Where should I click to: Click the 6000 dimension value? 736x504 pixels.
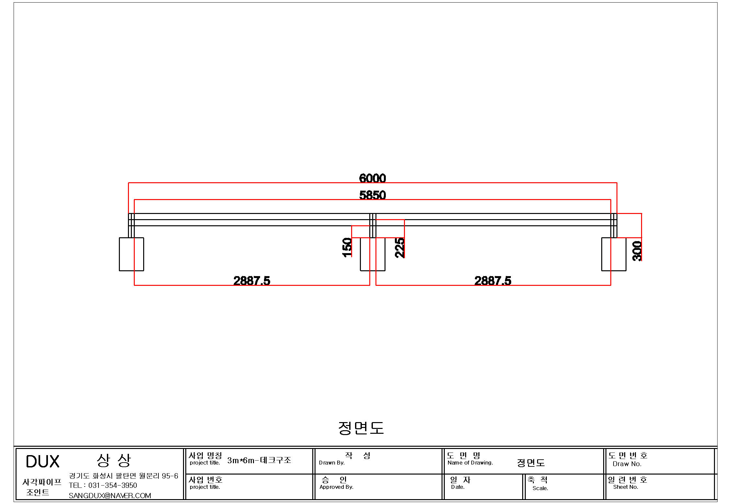coord(373,178)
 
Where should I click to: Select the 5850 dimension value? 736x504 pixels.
coord(373,195)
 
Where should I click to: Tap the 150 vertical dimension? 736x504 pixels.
coord(347,248)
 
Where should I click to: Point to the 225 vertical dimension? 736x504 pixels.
coord(400,248)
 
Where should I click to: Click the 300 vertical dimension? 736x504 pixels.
coord(637,251)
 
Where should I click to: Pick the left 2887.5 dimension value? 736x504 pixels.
coord(252,281)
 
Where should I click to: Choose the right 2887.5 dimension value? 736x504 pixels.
coord(493,281)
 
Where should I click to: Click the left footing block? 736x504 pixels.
coord(132,254)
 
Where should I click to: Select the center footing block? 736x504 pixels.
coord(373,254)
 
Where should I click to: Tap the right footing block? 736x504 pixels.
coord(614,254)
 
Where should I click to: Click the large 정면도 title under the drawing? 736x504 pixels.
coord(361,428)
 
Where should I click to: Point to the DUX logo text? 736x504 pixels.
coord(42,462)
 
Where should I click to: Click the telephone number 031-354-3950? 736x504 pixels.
coord(112,485)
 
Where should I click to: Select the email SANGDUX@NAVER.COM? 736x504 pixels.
coord(110,496)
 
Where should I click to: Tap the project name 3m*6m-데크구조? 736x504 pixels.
coord(259,460)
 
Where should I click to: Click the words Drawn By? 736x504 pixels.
coord(332,463)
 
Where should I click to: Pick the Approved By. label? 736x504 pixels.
coord(336,487)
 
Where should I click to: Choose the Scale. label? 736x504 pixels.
coord(540,488)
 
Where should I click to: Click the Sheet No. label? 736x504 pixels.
coord(626,487)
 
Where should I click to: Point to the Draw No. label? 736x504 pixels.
coord(627,464)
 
